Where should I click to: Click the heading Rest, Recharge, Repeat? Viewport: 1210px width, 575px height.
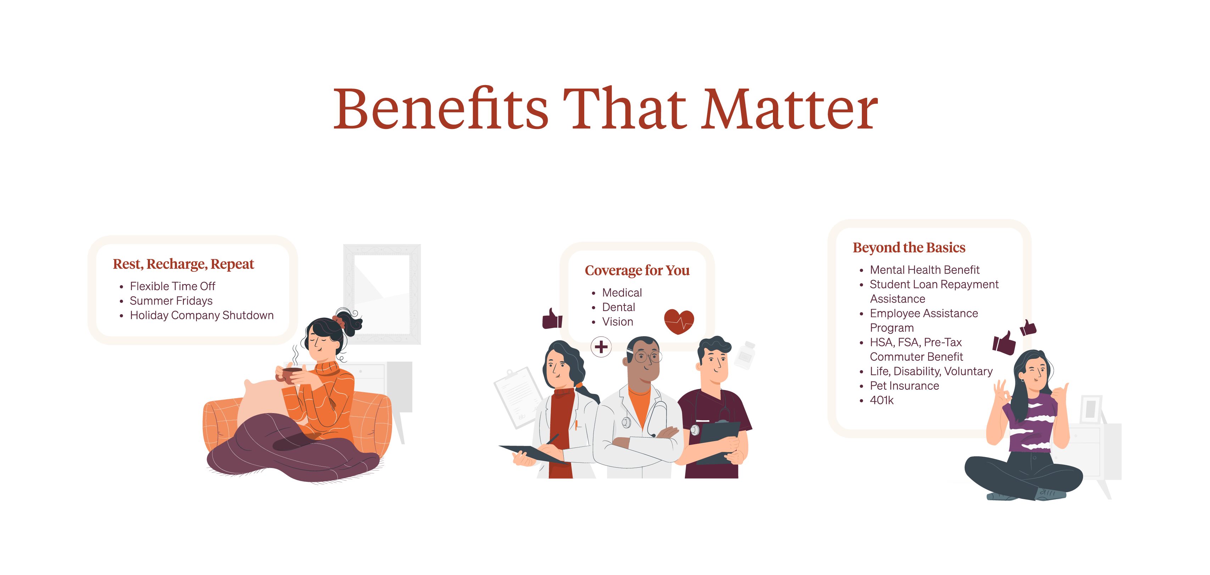click(183, 264)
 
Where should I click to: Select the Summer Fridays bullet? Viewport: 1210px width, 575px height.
click(171, 300)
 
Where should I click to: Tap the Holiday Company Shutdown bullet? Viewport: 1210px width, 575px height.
click(201, 315)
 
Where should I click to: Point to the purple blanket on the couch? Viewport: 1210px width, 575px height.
click(291, 451)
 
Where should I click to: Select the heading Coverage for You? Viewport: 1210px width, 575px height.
click(637, 270)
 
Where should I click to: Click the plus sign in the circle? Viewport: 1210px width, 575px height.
click(601, 347)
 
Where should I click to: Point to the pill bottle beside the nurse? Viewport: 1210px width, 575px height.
click(745, 355)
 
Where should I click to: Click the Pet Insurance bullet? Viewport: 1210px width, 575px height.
click(904, 386)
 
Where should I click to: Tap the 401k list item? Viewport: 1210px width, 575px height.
click(882, 400)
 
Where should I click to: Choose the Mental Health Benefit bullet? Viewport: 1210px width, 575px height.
click(924, 270)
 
